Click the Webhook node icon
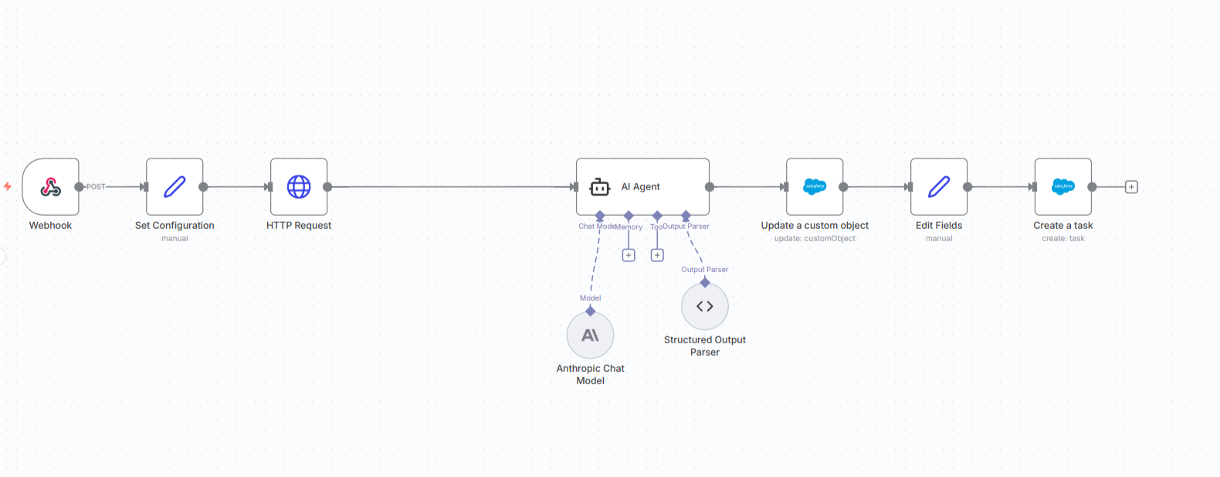50,186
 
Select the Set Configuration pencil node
175,186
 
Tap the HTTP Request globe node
299,186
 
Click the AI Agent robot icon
600,187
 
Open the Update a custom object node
815,186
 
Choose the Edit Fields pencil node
939,186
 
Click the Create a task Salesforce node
1063,186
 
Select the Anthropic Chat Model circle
590,336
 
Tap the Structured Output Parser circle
705,306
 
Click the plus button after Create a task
1131,187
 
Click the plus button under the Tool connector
657,255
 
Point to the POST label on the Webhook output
96,187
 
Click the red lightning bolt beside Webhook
8,186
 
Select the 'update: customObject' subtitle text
815,239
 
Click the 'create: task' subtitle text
1063,239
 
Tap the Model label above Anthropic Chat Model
590,298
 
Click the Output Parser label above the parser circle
705,270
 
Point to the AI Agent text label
641,187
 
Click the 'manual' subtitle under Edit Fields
939,239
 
